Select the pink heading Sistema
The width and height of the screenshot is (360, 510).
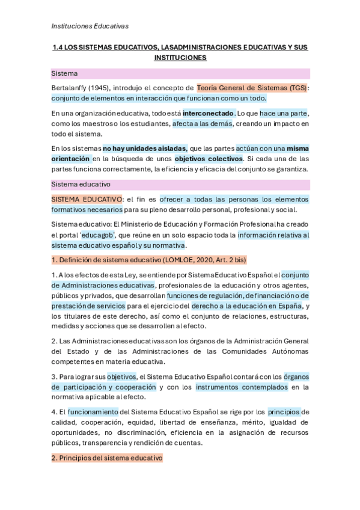pyautogui.click(x=64, y=73)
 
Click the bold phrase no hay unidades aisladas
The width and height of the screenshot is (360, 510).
pyautogui.click(x=144, y=149)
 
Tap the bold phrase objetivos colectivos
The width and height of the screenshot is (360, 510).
pyautogui.click(x=209, y=159)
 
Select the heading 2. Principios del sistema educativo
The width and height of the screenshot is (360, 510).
pyautogui.click(x=107, y=458)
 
